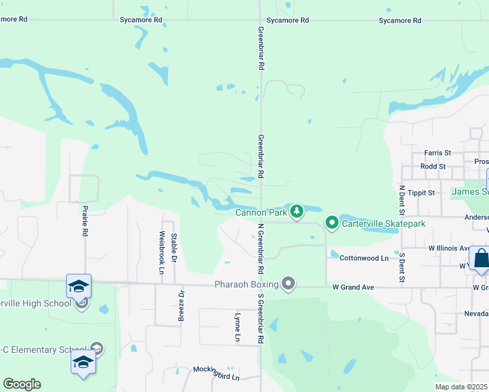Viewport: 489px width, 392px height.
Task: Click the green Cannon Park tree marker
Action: tap(297, 211)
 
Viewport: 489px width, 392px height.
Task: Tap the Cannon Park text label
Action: tap(261, 212)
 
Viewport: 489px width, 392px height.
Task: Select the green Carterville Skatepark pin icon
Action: tap(332, 223)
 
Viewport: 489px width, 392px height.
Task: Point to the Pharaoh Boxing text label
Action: tap(246, 285)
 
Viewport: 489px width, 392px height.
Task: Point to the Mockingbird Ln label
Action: tap(216, 369)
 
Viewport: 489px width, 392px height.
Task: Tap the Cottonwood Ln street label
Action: tap(364, 258)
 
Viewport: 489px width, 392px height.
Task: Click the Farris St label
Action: tap(437, 153)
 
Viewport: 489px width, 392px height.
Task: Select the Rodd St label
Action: tap(433, 167)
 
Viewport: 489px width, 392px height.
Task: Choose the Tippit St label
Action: tap(422, 193)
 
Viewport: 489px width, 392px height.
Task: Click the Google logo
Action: tap(22, 384)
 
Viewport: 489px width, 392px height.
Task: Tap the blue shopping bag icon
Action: tap(481, 258)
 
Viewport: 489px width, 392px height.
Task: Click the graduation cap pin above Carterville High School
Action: tap(78, 286)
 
